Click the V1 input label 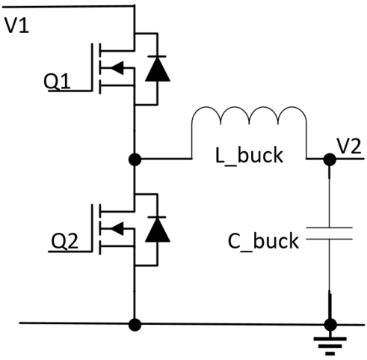[17, 25]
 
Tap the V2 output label [349, 147]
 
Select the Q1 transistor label [57, 82]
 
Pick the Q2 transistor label [64, 241]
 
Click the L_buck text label [249, 156]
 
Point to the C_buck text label [263, 241]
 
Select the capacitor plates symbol [329, 234]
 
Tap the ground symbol [330, 346]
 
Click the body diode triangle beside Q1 [158, 69]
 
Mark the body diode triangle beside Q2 [158, 230]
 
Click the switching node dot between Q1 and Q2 [135, 159]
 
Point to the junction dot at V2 [330, 159]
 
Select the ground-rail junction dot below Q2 [135, 325]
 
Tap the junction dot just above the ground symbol [330, 325]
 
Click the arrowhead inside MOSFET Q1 [117, 67]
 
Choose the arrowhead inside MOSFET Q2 [117, 228]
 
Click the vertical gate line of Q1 [92, 67]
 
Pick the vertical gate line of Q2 [92, 228]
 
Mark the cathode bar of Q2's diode [157, 217]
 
